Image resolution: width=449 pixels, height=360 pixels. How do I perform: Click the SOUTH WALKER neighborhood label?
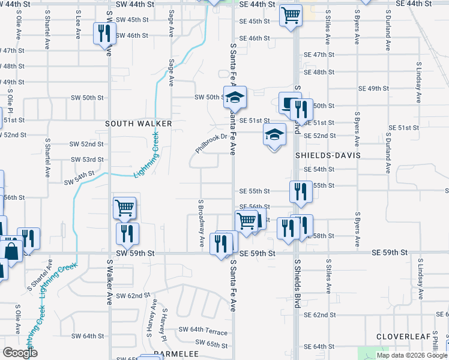(139, 124)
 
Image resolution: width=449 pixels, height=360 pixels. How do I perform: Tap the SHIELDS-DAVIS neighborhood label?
(327, 155)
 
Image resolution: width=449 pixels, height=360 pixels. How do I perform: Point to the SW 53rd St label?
(87, 160)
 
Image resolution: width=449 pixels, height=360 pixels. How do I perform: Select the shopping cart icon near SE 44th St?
(291, 15)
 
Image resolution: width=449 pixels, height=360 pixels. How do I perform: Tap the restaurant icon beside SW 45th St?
(104, 33)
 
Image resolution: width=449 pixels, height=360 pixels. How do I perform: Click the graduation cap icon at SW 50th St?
(235, 97)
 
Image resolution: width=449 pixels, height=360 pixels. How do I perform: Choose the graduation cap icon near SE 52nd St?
(274, 134)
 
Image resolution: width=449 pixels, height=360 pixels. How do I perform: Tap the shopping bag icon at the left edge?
(11, 248)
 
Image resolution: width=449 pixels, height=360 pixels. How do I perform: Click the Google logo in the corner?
(20, 353)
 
